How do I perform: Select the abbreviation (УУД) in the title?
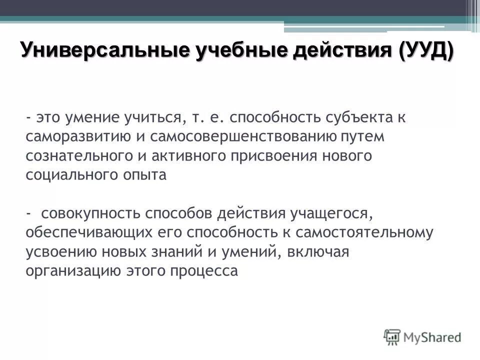tap(426, 50)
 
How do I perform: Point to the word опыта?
tap(147, 175)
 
